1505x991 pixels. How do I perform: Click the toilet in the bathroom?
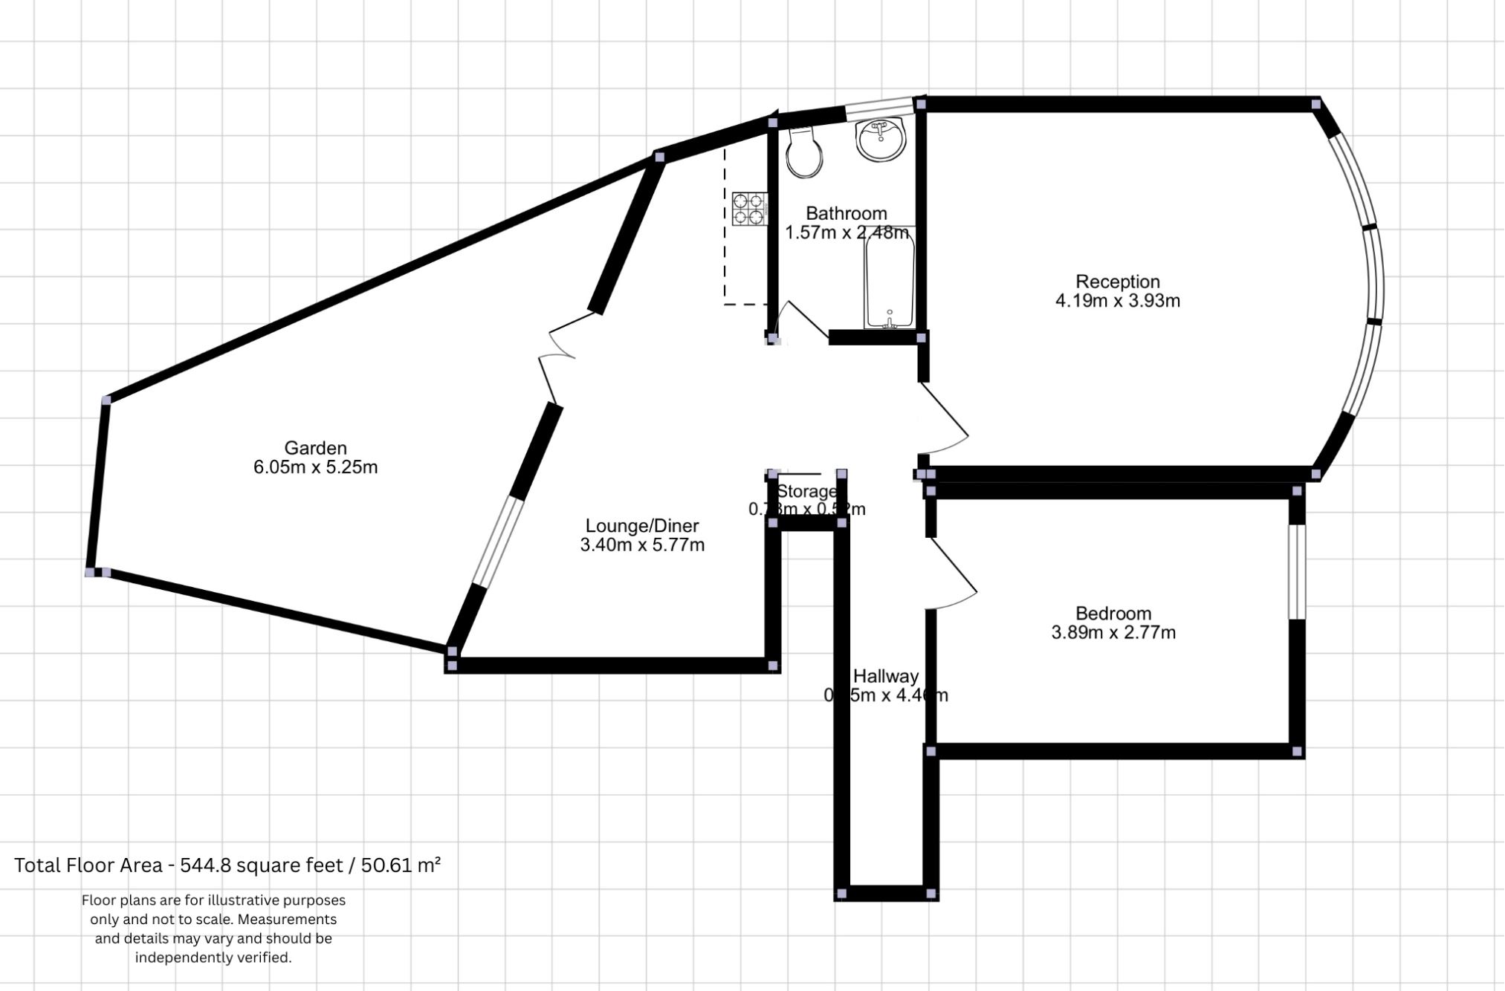[803, 153]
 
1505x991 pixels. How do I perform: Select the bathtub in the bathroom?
[889, 278]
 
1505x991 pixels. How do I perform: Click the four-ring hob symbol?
[749, 209]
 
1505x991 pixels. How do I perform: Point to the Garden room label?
[315, 448]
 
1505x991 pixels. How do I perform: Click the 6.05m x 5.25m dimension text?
[315, 467]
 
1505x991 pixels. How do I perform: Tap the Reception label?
[1117, 282]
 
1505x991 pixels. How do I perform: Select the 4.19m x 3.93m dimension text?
[1117, 301]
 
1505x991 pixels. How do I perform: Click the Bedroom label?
[1113, 614]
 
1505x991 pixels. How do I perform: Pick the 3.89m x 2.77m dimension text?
[1113, 633]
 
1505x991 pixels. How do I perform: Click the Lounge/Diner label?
[641, 526]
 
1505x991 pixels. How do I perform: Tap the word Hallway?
[885, 677]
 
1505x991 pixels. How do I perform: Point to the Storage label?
[806, 491]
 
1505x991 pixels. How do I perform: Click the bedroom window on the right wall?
[1296, 572]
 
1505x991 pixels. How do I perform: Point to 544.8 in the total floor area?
[195, 865]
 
